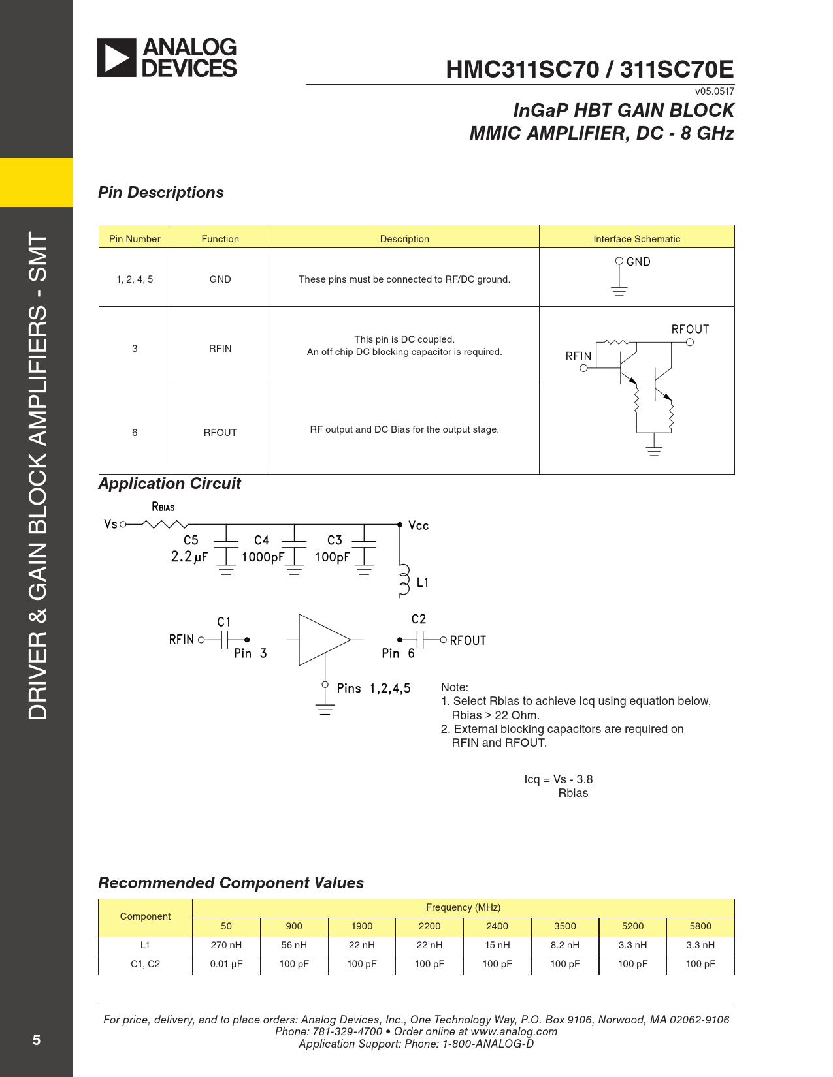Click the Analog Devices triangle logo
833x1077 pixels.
tap(117, 57)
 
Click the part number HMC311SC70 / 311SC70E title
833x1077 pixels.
tap(589, 69)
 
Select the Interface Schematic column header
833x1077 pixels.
tap(636, 239)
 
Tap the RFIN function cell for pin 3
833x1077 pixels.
tap(220, 349)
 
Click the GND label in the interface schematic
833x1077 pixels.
tap(638, 262)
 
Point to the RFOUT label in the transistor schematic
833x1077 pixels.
tap(690, 330)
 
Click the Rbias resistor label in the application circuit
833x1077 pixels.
tap(163, 507)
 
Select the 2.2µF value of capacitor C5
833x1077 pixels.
tap(189, 557)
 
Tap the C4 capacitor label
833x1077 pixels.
tap(261, 540)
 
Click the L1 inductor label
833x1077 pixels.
tap(423, 582)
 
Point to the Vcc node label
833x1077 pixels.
tap(418, 526)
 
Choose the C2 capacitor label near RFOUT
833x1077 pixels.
tap(419, 619)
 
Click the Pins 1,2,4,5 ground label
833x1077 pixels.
tap(374, 689)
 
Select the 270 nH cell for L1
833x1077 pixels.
tap(226, 945)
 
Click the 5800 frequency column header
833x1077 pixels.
tap(700, 926)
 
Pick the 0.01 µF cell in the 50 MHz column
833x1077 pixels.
tap(226, 964)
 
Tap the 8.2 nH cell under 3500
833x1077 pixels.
tap(564, 945)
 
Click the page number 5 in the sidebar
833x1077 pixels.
tap(37, 1040)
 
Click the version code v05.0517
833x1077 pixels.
tap(714, 91)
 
